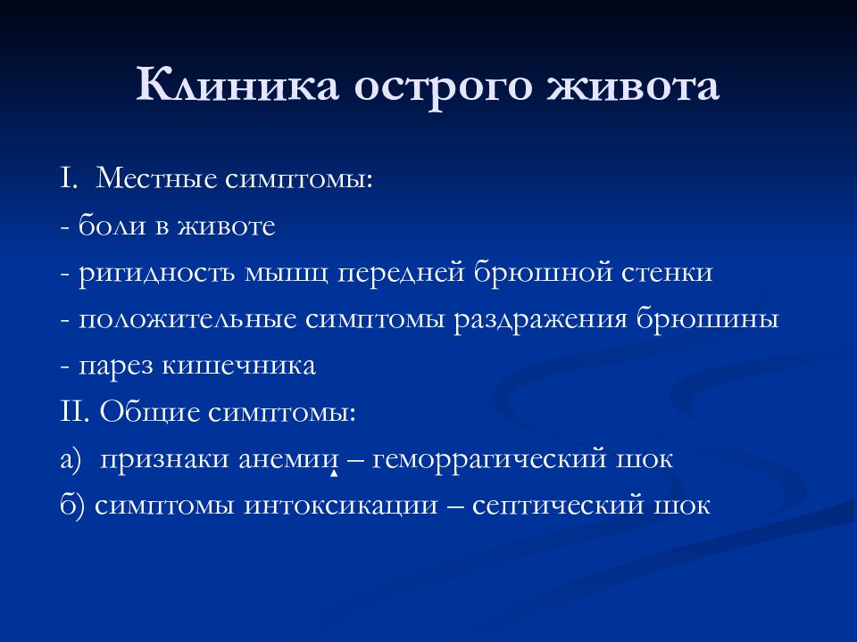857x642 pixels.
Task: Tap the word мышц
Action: pyautogui.click(x=286, y=273)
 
